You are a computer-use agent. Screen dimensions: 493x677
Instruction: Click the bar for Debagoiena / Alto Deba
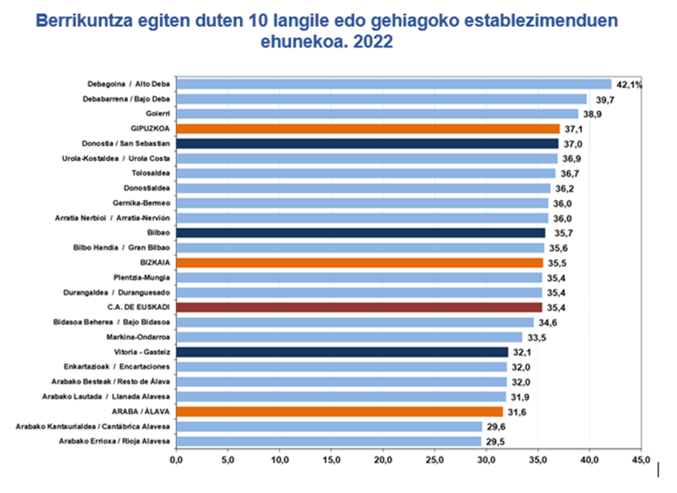(394, 84)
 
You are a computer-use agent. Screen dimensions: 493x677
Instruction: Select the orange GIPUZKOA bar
(368, 128)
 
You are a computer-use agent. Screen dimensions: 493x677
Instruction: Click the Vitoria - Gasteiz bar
(343, 352)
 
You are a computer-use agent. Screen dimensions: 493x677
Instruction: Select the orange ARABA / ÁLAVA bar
(340, 411)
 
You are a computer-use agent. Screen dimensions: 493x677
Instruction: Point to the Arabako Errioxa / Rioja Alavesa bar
(329, 440)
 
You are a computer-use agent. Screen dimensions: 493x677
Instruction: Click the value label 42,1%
(630, 84)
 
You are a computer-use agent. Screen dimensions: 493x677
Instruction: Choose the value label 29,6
(495, 426)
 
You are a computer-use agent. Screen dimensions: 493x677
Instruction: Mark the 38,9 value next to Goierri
(592, 114)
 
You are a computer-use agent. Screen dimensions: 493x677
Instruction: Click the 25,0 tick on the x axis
(436, 460)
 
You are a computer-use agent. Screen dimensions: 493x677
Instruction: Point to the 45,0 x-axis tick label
(642, 460)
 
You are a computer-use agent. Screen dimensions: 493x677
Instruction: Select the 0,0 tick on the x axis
(177, 460)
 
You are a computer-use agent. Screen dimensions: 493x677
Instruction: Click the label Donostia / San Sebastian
(132, 143)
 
